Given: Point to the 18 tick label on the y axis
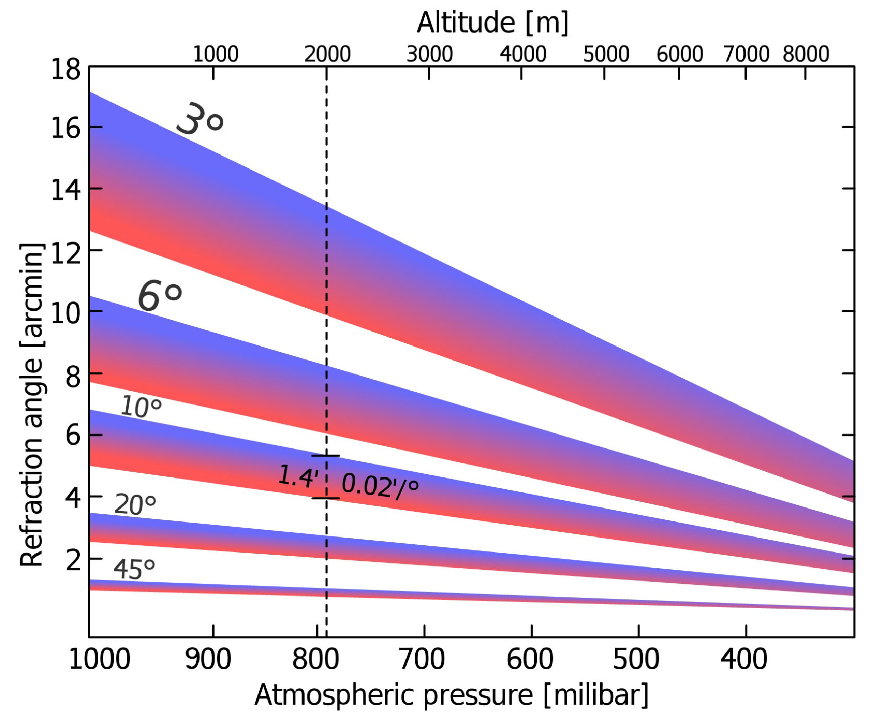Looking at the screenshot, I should point(65,69).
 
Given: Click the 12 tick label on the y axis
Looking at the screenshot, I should point(65,254).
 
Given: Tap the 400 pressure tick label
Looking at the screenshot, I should point(743,659).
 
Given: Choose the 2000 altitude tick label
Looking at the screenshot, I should point(327,54).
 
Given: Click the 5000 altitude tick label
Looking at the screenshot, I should point(606,54).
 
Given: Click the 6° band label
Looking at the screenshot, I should point(160,295).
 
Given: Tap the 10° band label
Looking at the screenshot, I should point(141,406).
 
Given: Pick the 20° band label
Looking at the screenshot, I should point(135,505).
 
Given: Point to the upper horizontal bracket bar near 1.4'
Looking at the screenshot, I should point(326,456).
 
